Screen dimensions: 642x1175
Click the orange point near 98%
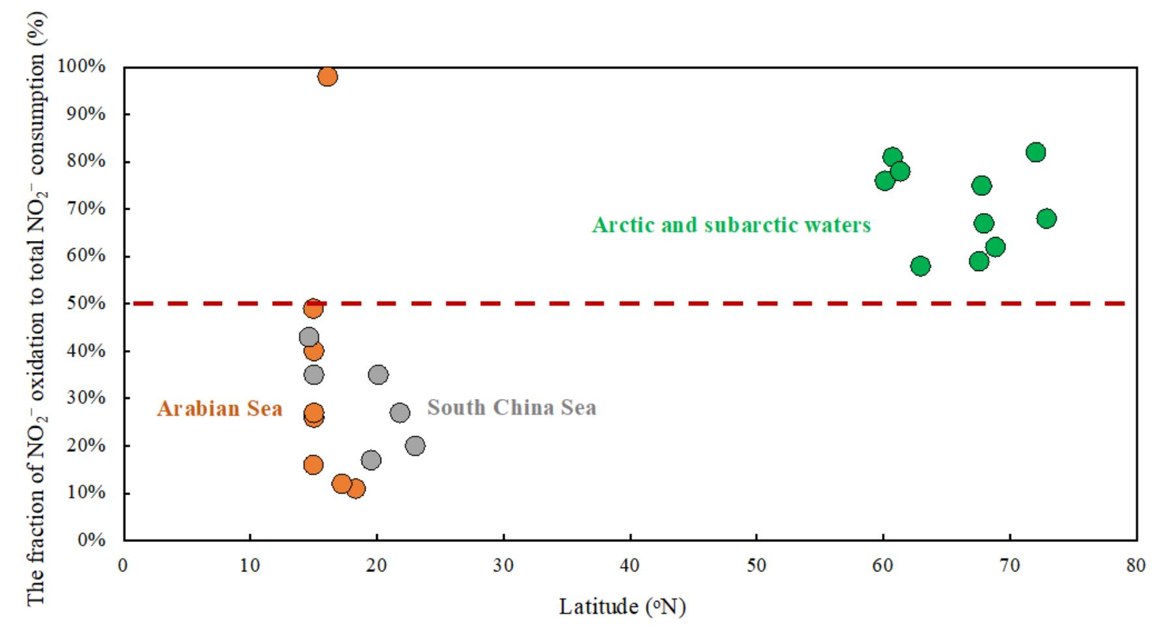328,77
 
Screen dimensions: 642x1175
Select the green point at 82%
1035,153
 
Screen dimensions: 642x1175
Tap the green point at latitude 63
920,266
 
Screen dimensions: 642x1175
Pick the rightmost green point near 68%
1046,219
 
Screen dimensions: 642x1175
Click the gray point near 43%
309,338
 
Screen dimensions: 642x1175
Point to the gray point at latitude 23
415,446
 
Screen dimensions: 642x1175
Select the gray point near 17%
371,460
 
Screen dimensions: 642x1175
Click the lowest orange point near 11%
356,489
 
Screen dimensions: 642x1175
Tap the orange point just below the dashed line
313,308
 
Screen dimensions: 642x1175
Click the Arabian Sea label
219,409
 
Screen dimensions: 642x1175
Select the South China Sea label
512,408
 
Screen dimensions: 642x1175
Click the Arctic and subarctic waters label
731,225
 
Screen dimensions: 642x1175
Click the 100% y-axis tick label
82,67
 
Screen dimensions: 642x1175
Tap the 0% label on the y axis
91,540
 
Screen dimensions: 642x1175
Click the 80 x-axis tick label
1136,566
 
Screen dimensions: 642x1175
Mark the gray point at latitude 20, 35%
378,375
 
